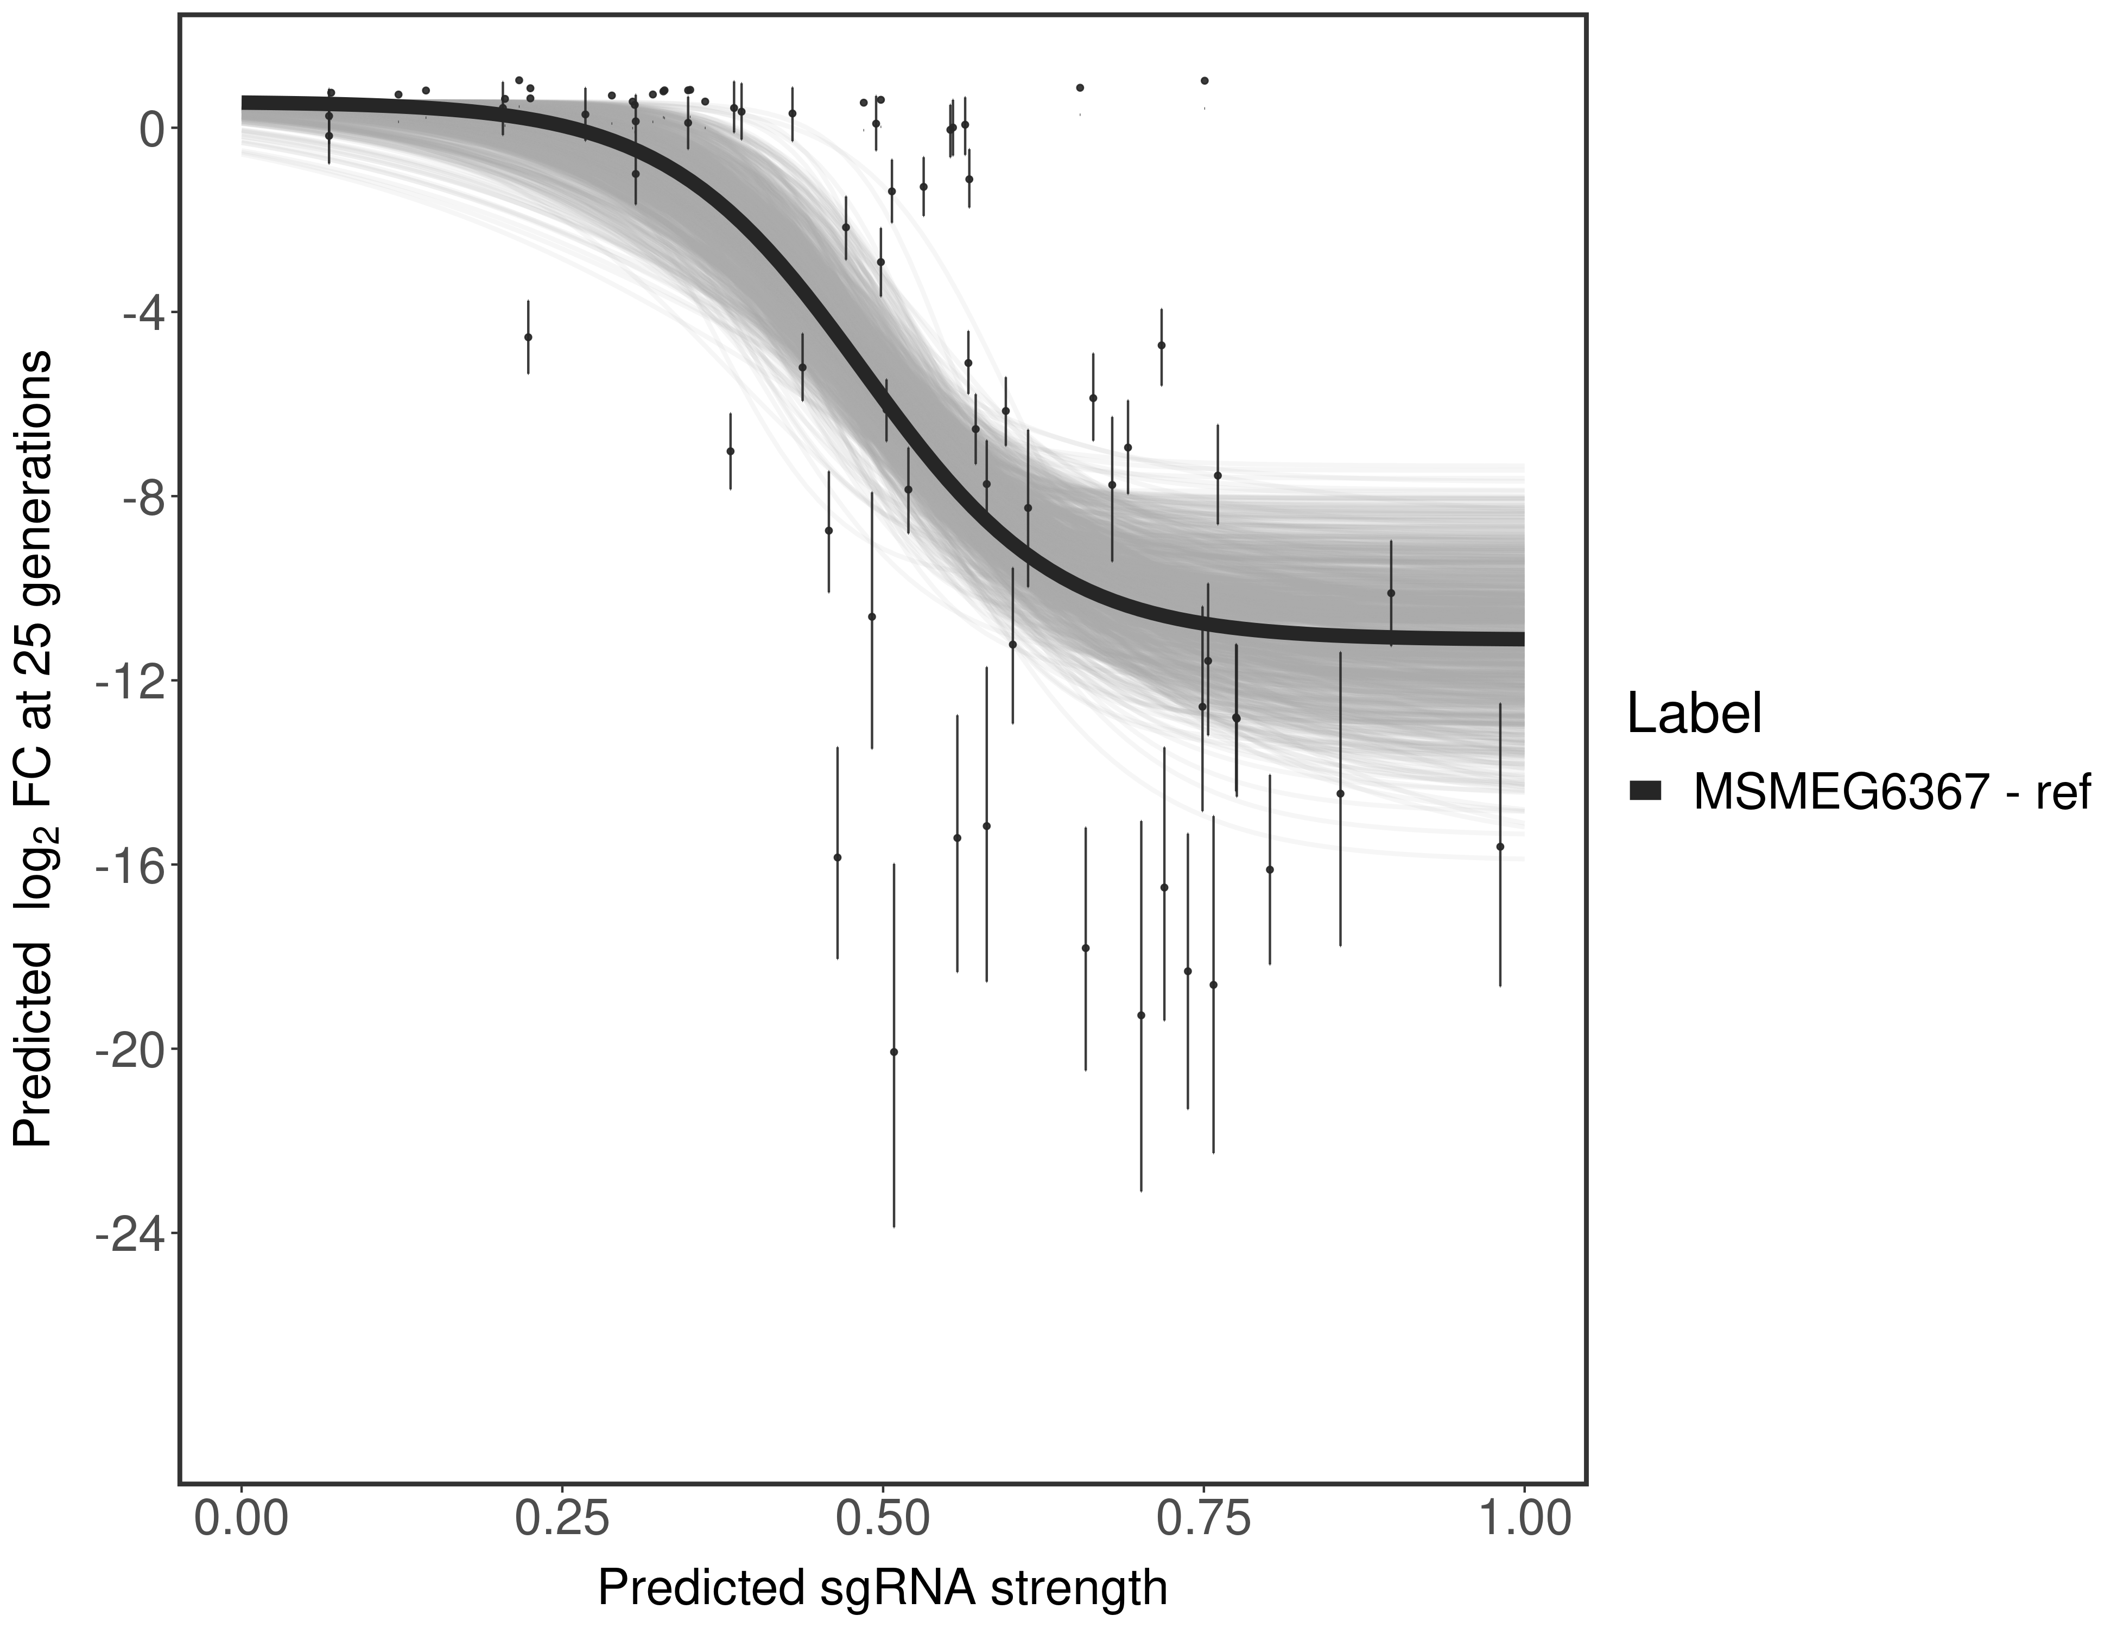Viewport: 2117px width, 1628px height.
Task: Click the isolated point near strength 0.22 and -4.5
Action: (x=528, y=337)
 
